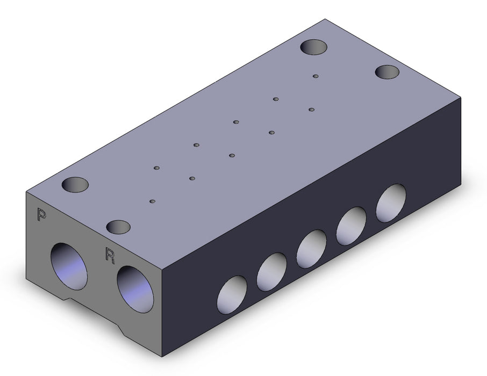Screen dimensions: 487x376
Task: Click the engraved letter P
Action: click(41, 214)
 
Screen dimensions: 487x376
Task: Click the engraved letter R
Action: click(110, 255)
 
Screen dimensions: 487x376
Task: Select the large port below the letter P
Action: click(69, 266)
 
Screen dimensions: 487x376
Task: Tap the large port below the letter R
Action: click(135, 289)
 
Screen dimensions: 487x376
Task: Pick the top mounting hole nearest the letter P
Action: click(75, 185)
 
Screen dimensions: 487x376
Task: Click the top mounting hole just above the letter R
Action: click(118, 227)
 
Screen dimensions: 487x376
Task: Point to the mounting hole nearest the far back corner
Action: click(314, 47)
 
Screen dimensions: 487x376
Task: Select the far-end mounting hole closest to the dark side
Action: click(387, 72)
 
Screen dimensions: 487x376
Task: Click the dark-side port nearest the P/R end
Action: click(232, 295)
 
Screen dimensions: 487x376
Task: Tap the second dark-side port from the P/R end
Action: click(272, 272)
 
